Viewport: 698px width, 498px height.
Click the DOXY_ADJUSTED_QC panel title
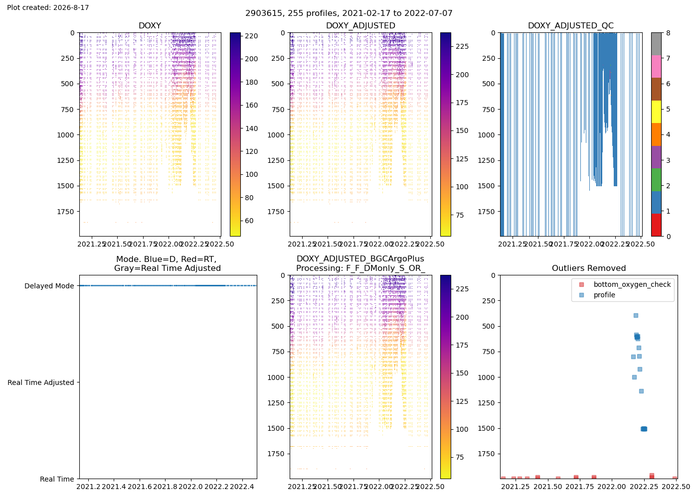click(x=571, y=25)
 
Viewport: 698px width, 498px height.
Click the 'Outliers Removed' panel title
click(x=589, y=268)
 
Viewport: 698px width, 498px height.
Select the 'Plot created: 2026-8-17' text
click(x=48, y=7)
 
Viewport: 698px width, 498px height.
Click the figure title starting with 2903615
click(x=349, y=13)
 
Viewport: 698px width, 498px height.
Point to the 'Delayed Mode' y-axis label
click(x=49, y=286)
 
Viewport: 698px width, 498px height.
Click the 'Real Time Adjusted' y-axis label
click(x=41, y=382)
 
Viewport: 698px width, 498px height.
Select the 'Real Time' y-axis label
click(x=57, y=479)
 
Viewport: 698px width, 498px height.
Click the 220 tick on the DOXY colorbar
click(x=251, y=36)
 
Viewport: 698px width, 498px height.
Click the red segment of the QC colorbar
click(x=656, y=225)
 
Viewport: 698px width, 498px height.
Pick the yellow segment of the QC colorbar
click(x=656, y=112)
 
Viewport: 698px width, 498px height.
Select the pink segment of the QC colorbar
click(x=656, y=67)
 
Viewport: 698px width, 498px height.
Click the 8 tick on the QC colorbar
click(x=668, y=33)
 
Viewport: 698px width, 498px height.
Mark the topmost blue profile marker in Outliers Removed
click(x=636, y=316)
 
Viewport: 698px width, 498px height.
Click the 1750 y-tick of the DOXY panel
click(x=66, y=212)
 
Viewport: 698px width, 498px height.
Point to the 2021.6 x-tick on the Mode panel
click(x=140, y=487)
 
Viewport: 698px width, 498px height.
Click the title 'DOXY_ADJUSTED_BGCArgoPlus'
click(x=360, y=259)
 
